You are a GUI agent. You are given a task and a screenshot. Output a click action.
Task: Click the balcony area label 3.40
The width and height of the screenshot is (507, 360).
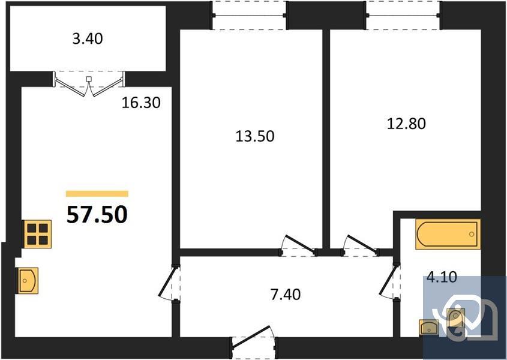coord(88,40)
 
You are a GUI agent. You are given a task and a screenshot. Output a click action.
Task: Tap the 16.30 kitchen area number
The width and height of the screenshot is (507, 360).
coord(141,103)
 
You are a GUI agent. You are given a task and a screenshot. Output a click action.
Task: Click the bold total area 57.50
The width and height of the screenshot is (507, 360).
coord(97,214)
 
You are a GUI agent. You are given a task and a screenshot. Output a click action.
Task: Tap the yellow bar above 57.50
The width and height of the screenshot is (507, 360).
coord(97,194)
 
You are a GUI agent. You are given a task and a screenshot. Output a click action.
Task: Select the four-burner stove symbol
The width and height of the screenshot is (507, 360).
coord(37,233)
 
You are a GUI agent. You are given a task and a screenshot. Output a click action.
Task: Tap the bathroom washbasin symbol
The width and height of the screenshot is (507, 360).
coord(430,327)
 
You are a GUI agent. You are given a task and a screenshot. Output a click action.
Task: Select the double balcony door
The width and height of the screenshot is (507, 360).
coord(89,83)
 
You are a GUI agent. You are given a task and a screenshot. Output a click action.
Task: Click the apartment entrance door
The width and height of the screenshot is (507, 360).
coord(254,341)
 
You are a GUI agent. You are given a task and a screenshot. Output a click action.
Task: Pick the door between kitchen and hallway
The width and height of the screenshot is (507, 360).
coord(170,284)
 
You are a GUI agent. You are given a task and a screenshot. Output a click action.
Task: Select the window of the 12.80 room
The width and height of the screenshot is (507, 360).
coord(403,16)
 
